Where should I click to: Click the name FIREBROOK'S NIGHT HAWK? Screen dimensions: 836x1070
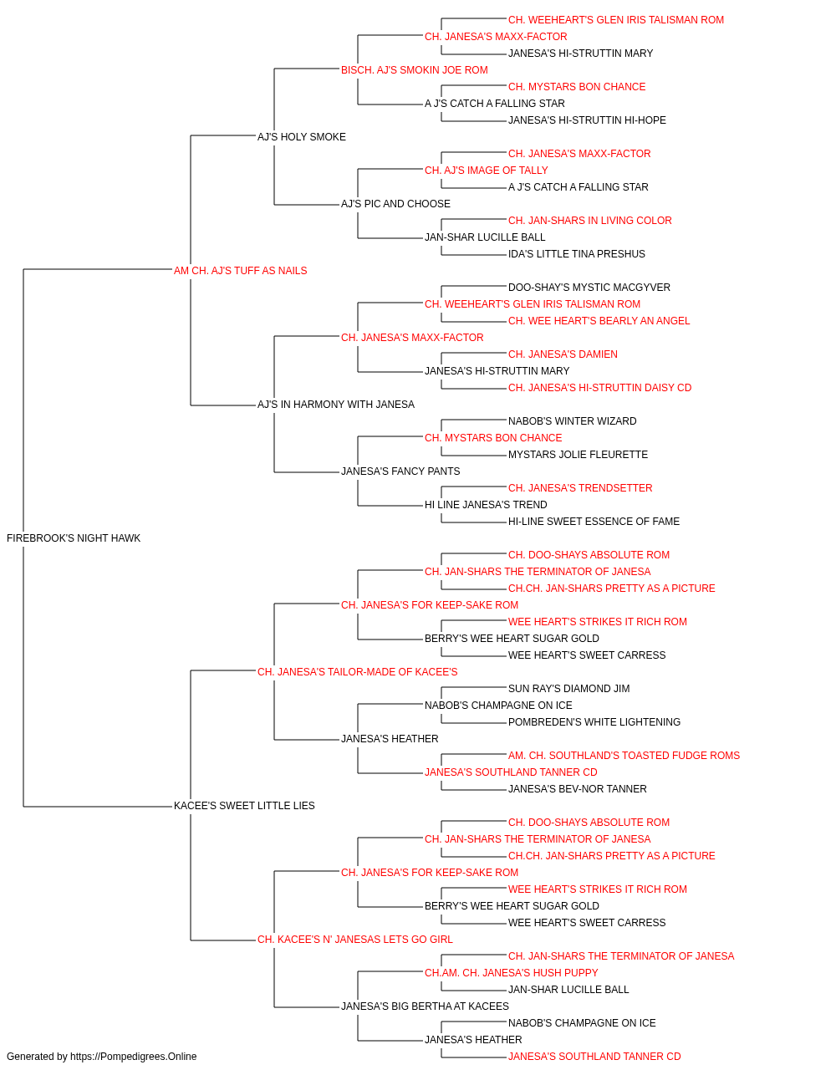(x=74, y=538)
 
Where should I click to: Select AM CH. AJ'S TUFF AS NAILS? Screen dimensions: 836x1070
(x=240, y=271)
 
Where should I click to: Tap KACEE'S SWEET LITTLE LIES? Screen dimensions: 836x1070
(x=244, y=806)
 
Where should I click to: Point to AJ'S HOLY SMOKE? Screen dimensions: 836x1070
(x=301, y=137)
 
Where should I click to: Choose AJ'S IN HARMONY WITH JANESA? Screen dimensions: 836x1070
(x=336, y=405)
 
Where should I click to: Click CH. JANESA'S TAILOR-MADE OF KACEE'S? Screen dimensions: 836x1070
(x=358, y=672)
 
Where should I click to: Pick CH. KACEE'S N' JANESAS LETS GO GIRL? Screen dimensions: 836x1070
(x=355, y=940)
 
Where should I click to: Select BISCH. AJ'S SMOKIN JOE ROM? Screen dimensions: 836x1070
(x=415, y=70)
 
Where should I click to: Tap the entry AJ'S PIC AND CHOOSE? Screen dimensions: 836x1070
(x=395, y=204)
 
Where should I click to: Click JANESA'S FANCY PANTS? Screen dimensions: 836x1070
(x=400, y=471)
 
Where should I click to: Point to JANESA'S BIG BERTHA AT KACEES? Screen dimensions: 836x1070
(x=425, y=1006)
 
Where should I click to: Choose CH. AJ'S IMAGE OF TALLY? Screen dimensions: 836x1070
(x=487, y=171)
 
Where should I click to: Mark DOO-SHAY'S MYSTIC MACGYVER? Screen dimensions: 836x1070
(x=589, y=288)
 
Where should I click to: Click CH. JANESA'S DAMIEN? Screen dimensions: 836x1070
(x=563, y=354)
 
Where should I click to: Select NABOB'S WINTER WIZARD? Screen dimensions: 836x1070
(x=572, y=421)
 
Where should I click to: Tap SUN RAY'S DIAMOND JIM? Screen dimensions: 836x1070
(x=568, y=689)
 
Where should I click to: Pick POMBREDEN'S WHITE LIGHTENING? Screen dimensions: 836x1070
(x=594, y=722)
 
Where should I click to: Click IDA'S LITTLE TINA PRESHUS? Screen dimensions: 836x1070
(x=577, y=254)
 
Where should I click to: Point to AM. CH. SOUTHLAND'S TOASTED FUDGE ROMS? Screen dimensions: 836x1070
(x=624, y=756)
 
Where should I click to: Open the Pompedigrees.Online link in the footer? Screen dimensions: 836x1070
(x=134, y=1057)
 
